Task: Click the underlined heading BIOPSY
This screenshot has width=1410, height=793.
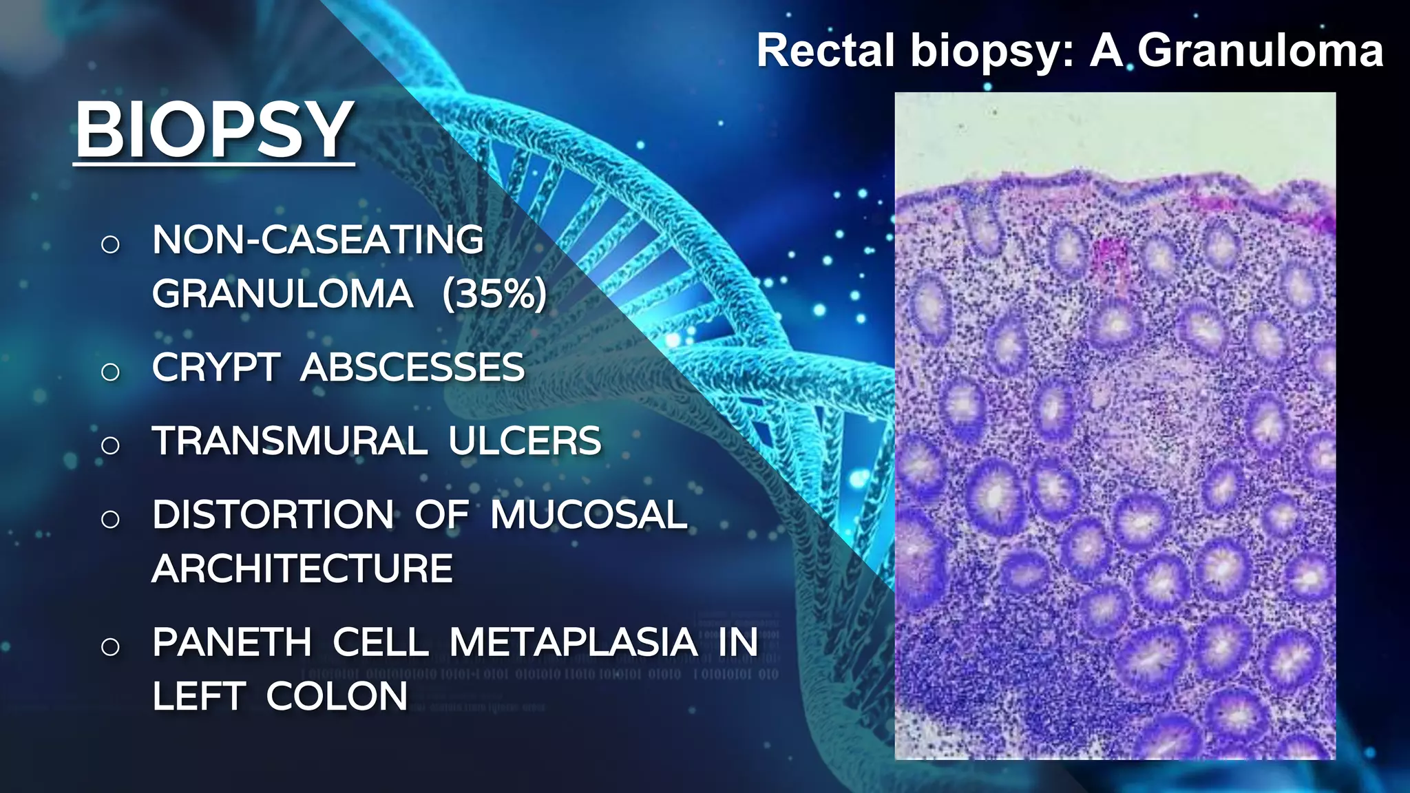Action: [x=214, y=129]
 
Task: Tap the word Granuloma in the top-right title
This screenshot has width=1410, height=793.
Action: [x=1259, y=51]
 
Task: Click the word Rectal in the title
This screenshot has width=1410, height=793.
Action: [x=826, y=51]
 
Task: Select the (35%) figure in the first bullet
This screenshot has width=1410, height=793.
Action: [x=494, y=294]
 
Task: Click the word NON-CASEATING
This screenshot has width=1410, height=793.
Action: [x=318, y=240]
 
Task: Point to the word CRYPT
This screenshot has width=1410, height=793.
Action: [x=216, y=368]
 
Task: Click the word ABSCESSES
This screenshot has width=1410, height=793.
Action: [x=412, y=368]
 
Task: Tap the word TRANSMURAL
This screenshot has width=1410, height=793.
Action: [x=290, y=441]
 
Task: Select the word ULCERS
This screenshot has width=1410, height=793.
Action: [x=525, y=441]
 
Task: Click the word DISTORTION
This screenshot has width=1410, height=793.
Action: [x=273, y=515]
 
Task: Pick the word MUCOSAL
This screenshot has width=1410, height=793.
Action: [x=589, y=515]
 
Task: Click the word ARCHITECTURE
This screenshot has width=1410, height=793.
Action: [x=302, y=569]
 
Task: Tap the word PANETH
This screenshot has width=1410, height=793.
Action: [x=232, y=642]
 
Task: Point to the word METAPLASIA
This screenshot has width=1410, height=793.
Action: [x=574, y=642]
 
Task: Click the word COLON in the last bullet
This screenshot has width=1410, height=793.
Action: [x=337, y=696]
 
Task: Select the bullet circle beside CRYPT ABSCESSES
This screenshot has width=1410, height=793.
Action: [x=110, y=372]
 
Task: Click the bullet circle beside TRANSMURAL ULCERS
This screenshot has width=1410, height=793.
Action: [x=110, y=445]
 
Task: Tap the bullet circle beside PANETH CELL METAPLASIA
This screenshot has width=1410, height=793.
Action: [x=110, y=646]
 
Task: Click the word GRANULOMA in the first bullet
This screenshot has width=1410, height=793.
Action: [x=282, y=294]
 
